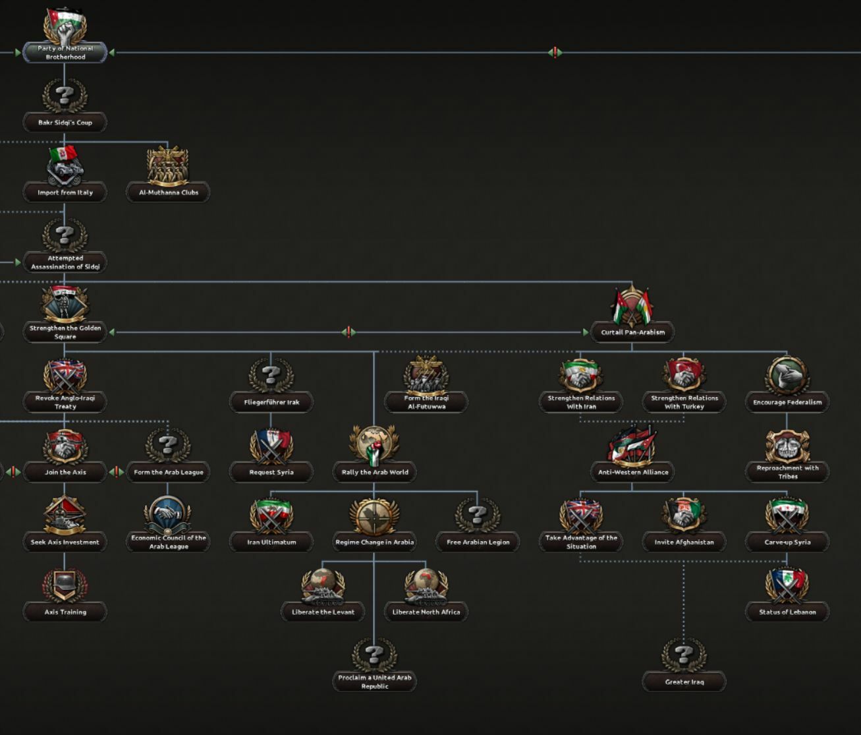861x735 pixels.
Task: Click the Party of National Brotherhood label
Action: click(65, 53)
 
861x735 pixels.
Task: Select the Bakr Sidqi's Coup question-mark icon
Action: click(65, 96)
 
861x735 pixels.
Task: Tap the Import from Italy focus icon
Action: click(65, 165)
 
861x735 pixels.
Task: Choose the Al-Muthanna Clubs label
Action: click(168, 192)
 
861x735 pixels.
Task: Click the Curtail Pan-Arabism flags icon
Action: click(632, 306)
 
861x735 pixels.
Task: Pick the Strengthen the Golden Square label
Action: click(65, 332)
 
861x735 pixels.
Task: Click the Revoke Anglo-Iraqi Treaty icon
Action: click(65, 376)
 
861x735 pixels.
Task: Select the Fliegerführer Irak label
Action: click(271, 402)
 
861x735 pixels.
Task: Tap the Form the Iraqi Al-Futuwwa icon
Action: click(426, 376)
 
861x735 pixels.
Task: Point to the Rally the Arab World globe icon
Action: click(374, 446)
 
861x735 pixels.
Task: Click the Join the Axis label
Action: click(65, 472)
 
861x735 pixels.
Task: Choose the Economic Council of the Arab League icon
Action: click(168, 515)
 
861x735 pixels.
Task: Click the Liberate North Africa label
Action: click(426, 612)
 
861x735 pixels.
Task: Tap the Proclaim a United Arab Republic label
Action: click(374, 682)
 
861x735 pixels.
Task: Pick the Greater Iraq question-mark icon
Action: click(684, 655)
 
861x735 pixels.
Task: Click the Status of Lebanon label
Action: click(787, 612)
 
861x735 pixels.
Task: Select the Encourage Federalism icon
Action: click(787, 376)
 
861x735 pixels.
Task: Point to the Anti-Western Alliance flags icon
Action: click(632, 446)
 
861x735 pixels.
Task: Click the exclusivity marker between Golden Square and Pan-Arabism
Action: click(349, 332)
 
